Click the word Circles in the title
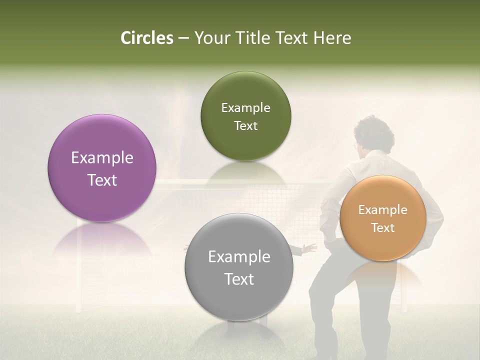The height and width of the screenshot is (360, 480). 146,38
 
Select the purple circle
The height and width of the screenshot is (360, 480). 102,168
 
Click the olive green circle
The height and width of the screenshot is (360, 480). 245,116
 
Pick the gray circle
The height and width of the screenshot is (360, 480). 239,267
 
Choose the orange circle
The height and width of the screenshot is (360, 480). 383,218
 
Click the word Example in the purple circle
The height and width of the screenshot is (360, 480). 102,158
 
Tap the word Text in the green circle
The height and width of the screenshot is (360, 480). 245,125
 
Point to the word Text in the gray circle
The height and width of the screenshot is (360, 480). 239,279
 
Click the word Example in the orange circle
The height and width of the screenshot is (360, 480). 383,210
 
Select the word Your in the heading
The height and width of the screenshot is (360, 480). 209,38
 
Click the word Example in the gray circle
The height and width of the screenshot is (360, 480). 239,257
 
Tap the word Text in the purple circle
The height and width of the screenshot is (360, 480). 102,180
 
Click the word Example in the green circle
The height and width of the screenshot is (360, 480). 245,108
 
